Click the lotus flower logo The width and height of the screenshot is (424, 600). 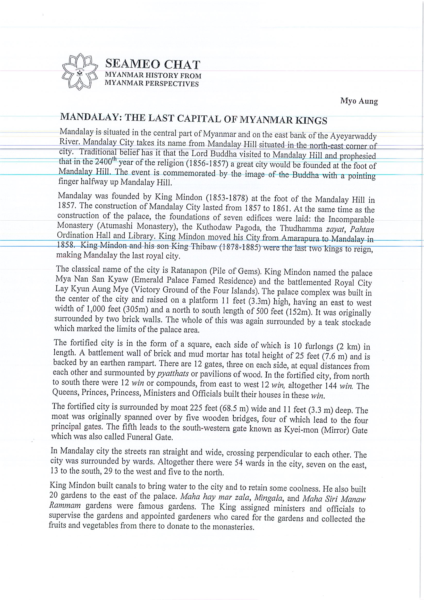coord(80,72)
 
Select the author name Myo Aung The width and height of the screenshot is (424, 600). coord(359,101)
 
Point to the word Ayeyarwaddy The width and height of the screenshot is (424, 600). coord(353,136)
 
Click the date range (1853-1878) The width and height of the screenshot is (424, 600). coord(227,198)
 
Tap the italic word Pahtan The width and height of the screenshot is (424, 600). coord(362,229)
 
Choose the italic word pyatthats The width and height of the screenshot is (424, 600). coord(173,373)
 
